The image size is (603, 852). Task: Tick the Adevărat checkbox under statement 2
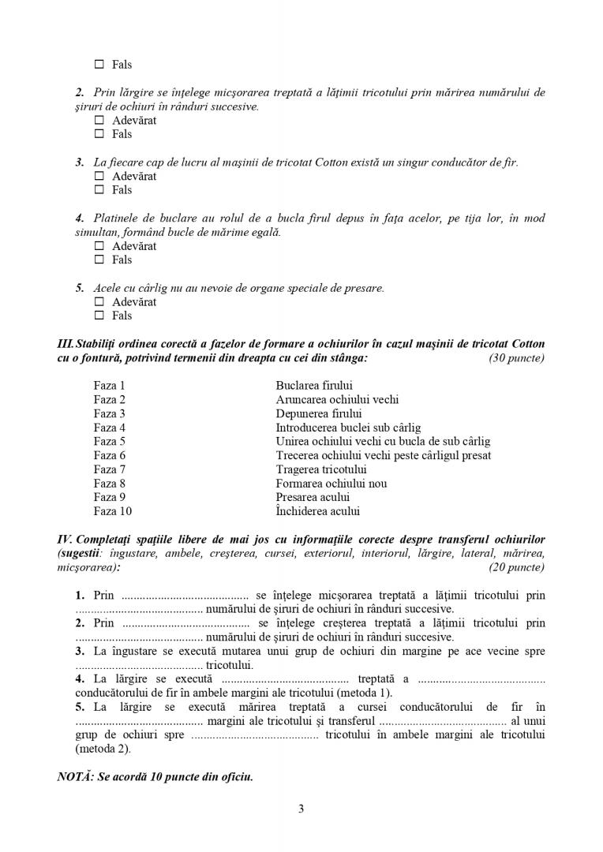[x=99, y=121]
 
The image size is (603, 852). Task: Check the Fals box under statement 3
[x=99, y=190]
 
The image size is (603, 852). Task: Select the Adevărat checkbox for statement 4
[x=99, y=246]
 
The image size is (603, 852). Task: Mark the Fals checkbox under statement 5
[x=99, y=316]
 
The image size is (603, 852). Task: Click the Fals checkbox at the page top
[x=99, y=65]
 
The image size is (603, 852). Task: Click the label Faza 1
[x=109, y=386]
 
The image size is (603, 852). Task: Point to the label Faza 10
[x=112, y=511]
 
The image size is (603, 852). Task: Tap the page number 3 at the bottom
[x=301, y=809]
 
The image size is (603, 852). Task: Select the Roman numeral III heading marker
[x=66, y=344]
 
